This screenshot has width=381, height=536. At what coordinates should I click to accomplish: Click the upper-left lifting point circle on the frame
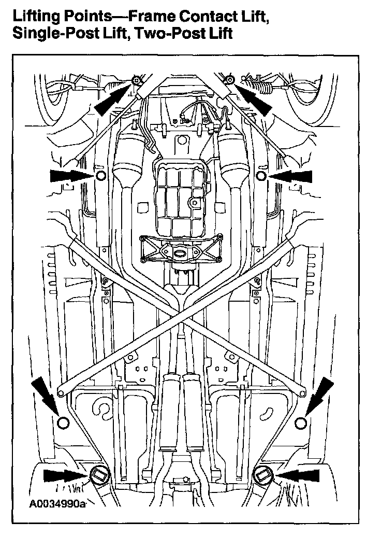point(100,176)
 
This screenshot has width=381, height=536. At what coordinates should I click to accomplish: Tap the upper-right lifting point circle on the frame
point(261,176)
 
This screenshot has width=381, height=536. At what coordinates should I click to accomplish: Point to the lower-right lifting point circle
point(301,423)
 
